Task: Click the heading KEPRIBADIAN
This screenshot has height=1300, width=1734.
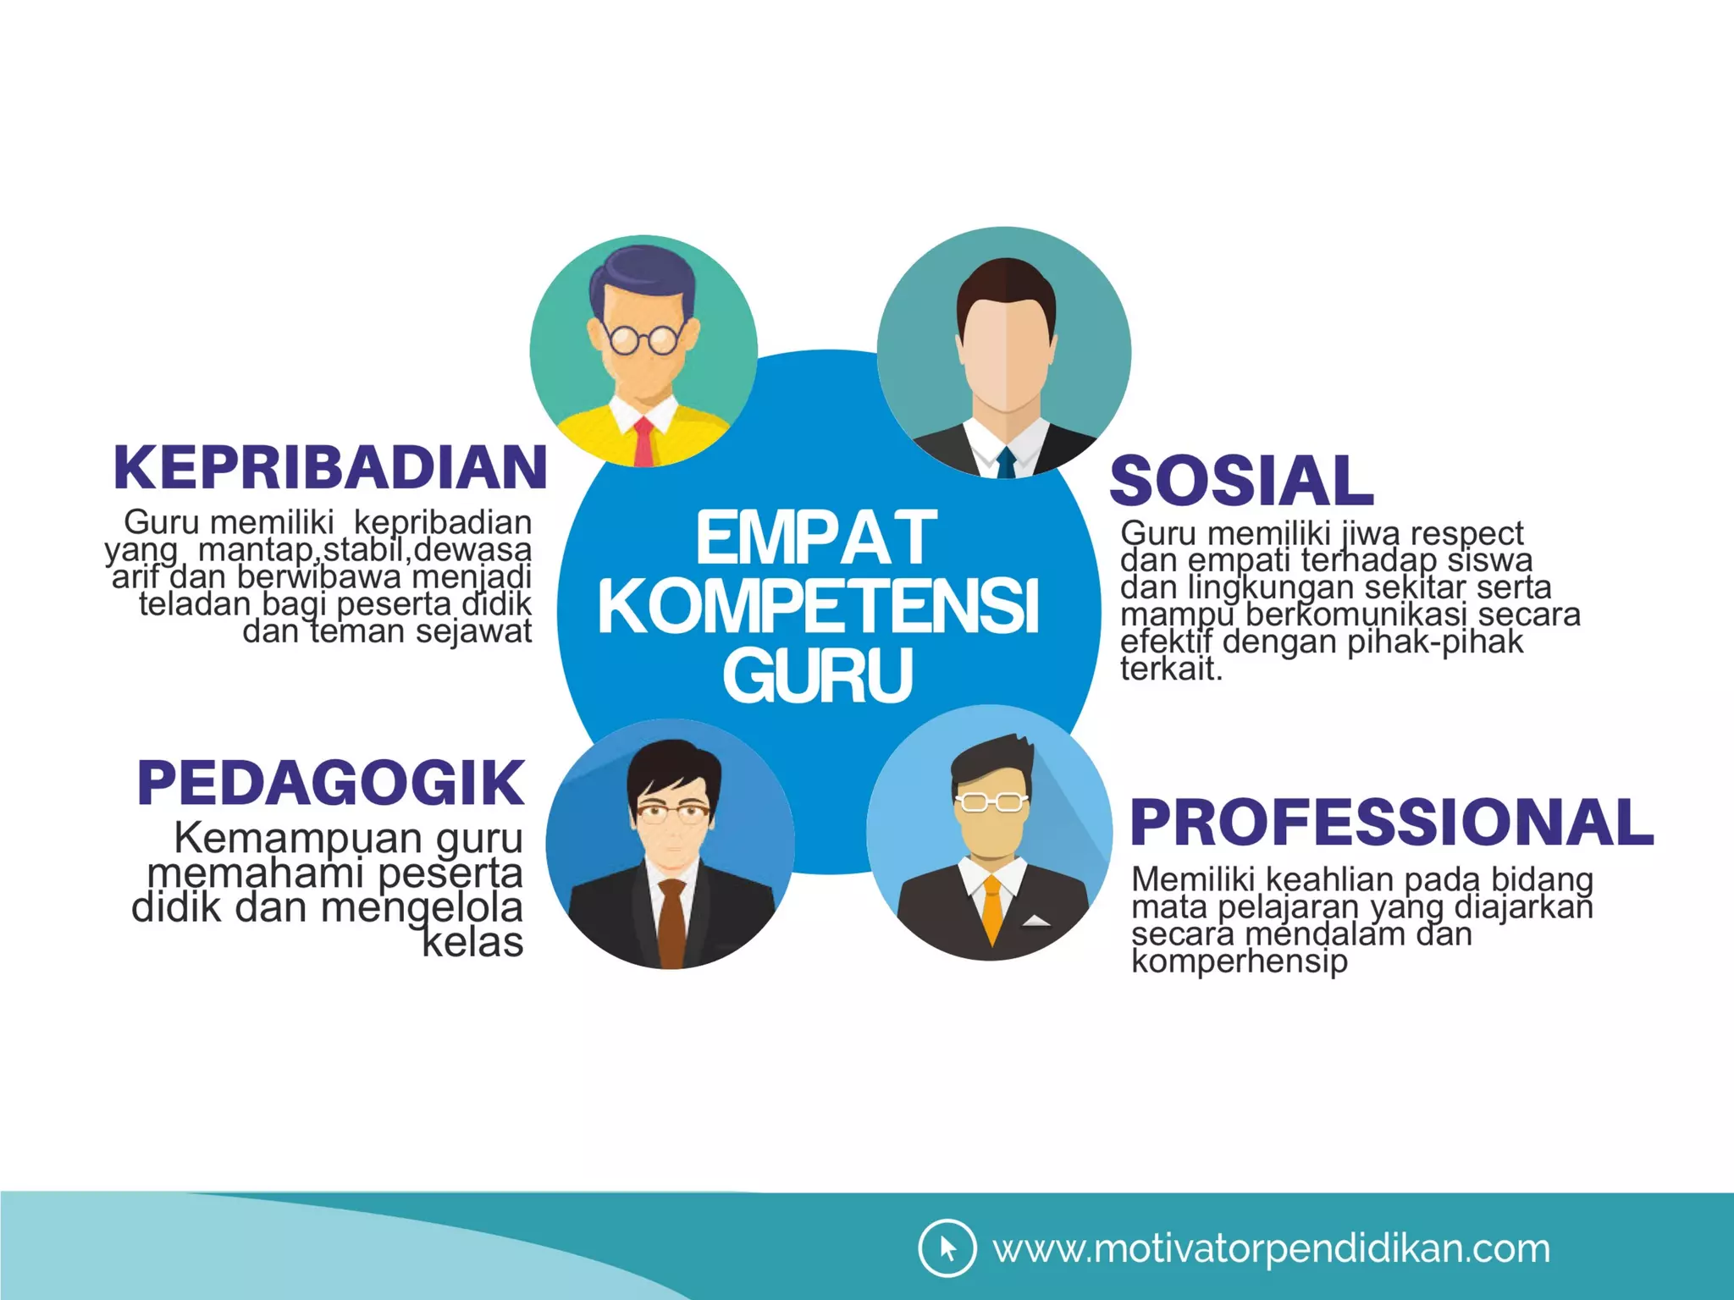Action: point(330,467)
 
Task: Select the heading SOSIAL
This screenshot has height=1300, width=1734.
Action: point(1241,481)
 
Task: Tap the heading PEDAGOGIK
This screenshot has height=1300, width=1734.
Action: point(331,783)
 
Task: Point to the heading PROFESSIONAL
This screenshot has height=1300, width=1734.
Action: point(1392,823)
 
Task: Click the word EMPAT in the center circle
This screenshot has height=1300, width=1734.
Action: point(816,538)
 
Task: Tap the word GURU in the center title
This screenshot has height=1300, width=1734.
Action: point(818,675)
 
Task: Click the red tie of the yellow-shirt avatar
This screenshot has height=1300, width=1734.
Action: point(644,442)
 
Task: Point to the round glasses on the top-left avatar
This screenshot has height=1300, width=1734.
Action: point(644,339)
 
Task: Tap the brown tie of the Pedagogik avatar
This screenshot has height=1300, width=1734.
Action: point(671,923)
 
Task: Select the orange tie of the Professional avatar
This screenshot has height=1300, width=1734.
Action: point(991,909)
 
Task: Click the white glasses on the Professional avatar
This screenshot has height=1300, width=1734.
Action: point(991,801)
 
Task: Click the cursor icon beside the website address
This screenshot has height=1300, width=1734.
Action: point(947,1248)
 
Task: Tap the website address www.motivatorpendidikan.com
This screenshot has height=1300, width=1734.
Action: point(1271,1249)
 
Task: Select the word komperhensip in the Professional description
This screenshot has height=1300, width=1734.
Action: point(1239,962)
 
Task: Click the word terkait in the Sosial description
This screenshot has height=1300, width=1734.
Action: point(1170,669)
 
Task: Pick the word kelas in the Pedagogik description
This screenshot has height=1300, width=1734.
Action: point(472,943)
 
